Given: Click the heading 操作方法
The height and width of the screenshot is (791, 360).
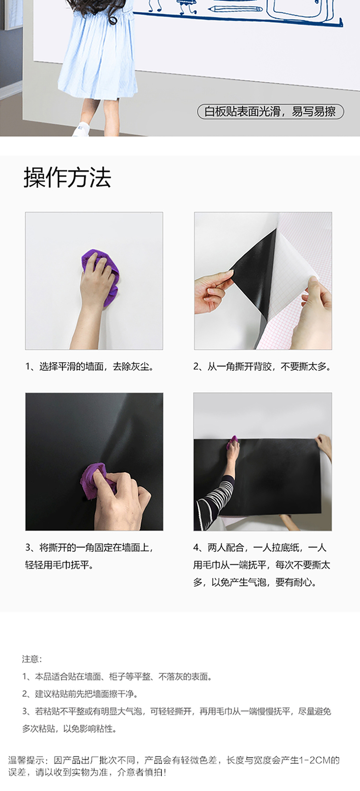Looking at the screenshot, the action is click(x=67, y=177).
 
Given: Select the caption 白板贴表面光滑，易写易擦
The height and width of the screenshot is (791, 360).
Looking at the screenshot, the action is click(x=270, y=111).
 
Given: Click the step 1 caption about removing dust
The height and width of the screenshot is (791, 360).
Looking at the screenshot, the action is click(x=90, y=366).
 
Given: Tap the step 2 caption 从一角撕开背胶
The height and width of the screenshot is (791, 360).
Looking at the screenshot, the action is click(x=240, y=366).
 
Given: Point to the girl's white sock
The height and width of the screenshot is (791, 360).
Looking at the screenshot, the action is click(x=82, y=126).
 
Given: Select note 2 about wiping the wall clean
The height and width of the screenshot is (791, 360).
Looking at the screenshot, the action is click(x=80, y=694).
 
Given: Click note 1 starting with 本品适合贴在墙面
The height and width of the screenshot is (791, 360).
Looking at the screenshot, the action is click(x=117, y=676).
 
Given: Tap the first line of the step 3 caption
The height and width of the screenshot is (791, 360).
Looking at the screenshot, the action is click(x=90, y=548).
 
